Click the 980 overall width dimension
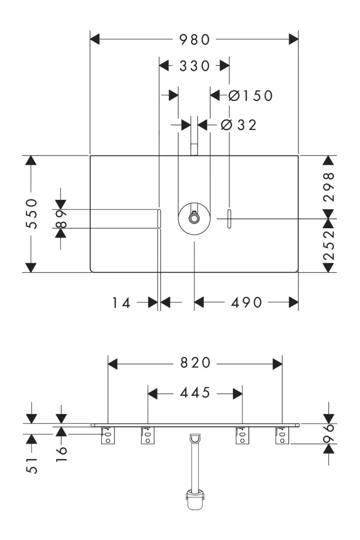[x=195, y=40]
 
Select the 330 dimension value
[x=195, y=66]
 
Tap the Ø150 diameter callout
[x=251, y=95]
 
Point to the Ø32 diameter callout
[x=238, y=125]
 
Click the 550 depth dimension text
[x=31, y=214]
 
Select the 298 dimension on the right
[x=329, y=187]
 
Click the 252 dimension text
[x=329, y=245]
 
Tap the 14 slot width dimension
[x=121, y=302]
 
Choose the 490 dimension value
[x=246, y=302]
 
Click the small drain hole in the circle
[x=194, y=218]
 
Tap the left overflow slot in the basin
[x=159, y=219]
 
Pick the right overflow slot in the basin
[x=229, y=219]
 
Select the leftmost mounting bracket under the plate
[x=108, y=435]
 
